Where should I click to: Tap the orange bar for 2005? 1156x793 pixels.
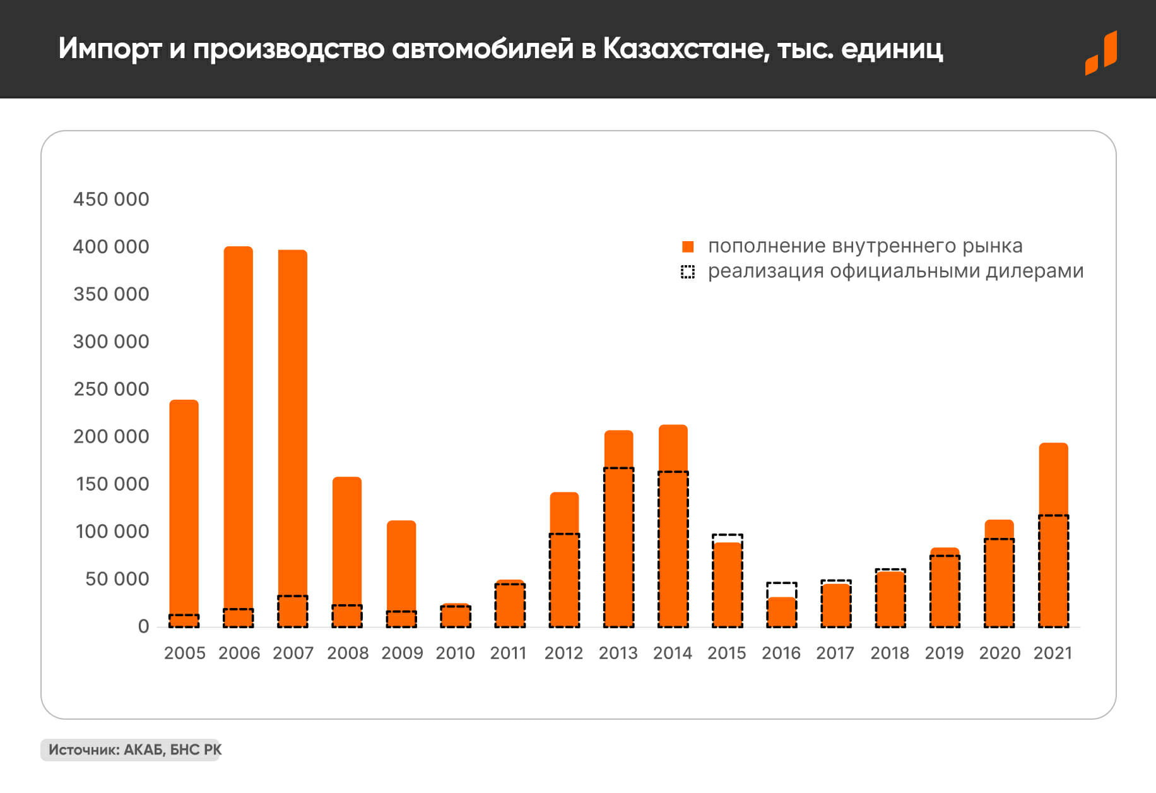pos(184,505)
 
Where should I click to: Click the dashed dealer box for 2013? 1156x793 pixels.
pos(618,547)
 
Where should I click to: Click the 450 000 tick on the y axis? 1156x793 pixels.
pos(111,200)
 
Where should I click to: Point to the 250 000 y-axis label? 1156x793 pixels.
pos(111,389)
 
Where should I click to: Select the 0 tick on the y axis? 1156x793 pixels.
pos(144,626)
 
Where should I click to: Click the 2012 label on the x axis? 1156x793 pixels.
pos(563,653)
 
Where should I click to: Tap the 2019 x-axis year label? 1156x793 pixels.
pos(944,653)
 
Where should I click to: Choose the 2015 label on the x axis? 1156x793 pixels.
pos(727,653)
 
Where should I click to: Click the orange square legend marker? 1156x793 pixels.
pos(688,247)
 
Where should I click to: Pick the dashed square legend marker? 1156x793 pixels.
pos(688,272)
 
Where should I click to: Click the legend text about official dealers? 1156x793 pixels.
pos(895,271)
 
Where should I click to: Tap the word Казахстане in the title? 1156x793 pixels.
pos(686,49)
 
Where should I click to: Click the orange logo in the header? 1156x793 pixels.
pos(1101,53)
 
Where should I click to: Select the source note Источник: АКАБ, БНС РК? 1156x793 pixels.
pos(134,750)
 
